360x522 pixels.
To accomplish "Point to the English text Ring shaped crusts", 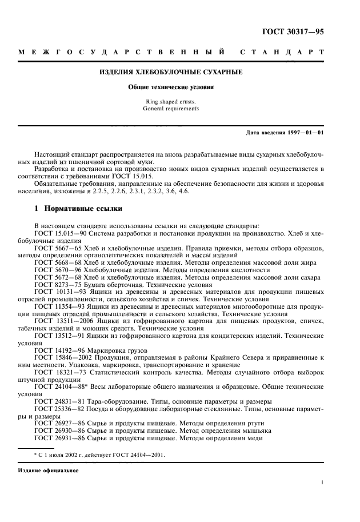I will (x=171, y=102).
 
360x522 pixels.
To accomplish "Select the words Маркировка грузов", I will (x=113, y=350).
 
